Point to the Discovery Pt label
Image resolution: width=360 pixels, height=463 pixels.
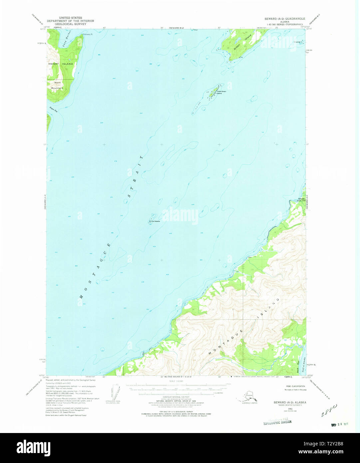(x=88, y=34)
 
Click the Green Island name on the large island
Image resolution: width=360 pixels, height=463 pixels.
(x=241, y=43)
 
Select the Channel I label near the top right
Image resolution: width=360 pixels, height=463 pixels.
(x=298, y=42)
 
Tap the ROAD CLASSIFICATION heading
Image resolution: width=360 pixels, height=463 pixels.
(x=287, y=386)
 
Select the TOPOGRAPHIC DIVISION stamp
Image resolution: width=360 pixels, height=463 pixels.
(x=277, y=422)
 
